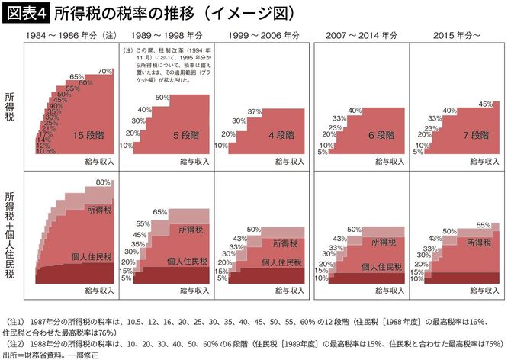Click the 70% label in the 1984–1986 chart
coord(104,71)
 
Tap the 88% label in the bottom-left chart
coord(104,182)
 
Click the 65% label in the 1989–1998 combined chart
coord(160,211)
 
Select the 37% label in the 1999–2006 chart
coord(255,112)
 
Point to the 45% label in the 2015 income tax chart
coord(484,103)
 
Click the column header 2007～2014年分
coord(362,36)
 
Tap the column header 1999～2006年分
coord(262,36)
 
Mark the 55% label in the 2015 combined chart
coord(483,226)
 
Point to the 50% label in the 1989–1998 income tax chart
coord(161,98)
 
